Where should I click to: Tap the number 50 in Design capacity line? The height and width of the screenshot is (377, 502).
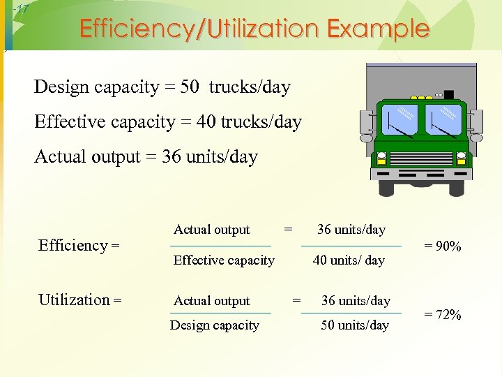click(189, 87)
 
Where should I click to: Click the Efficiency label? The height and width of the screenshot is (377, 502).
click(79, 245)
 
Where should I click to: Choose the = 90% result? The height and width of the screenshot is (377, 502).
click(443, 246)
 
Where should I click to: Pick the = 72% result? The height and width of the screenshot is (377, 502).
click(443, 315)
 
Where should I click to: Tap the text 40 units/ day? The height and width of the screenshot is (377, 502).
click(349, 260)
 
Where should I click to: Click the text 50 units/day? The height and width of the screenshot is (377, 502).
click(355, 325)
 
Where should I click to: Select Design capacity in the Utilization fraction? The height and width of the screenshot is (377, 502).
click(215, 325)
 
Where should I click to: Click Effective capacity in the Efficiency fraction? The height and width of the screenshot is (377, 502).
click(224, 260)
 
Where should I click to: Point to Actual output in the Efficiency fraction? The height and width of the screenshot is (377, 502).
click(211, 230)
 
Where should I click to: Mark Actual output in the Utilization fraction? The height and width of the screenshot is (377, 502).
click(211, 301)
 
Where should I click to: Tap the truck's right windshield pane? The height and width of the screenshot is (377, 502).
click(443, 119)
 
